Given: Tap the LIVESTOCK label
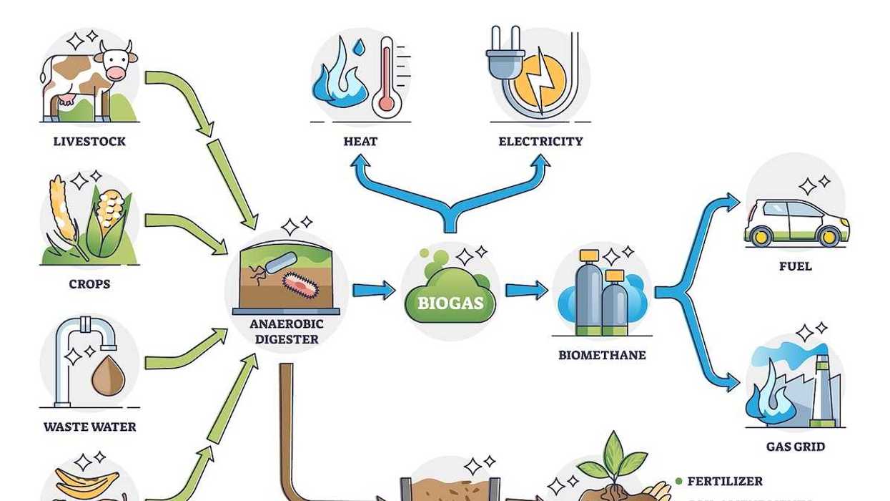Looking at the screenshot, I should tap(89, 141).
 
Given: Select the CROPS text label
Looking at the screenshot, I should tap(89, 284).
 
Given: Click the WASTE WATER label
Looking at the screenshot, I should tap(89, 427).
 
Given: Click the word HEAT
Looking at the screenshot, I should tap(360, 141).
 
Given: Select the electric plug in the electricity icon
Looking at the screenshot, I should tap(503, 54).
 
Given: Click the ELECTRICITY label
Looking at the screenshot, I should tap(540, 141).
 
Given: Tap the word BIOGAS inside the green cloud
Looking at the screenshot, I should tap(450, 303).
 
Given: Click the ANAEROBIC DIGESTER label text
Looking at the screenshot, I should tap(287, 331).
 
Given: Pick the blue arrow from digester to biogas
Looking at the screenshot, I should tap(374, 290).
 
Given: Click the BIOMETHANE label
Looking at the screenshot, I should tap(602, 355).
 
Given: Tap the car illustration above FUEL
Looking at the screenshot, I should tap(796, 222).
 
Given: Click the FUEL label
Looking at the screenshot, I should tap(796, 266).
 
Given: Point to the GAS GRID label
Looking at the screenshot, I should tap(796, 447).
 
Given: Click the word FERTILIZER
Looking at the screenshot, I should tap(725, 482).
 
